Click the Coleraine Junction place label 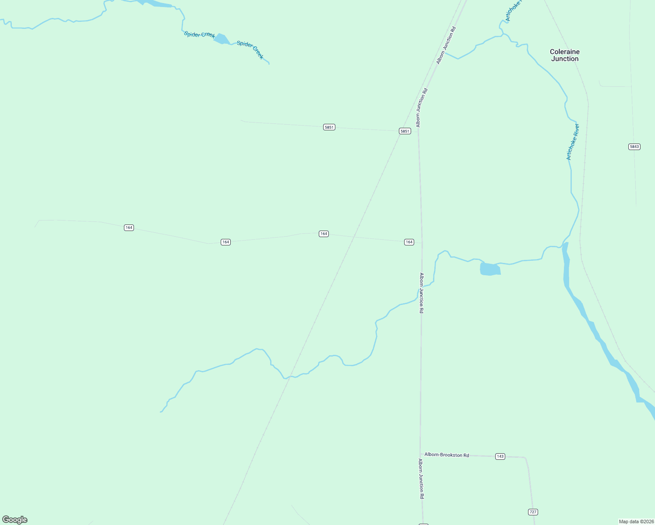[x=564, y=55]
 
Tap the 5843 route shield [x=634, y=147]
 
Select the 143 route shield [x=500, y=456]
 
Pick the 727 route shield [x=533, y=512]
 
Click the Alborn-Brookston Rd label [x=447, y=455]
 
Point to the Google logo [x=15, y=520]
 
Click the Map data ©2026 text [x=636, y=521]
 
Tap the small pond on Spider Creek [x=222, y=39]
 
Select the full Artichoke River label [x=573, y=142]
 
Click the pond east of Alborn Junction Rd [x=490, y=269]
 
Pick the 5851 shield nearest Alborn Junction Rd [x=405, y=131]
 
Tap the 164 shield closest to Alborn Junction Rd [x=408, y=242]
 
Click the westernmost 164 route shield [x=129, y=227]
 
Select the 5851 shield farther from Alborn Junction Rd [x=329, y=127]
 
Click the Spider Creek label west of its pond [x=199, y=35]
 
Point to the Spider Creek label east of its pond [x=250, y=50]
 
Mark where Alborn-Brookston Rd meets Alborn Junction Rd [x=421, y=455]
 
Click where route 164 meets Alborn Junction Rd [x=422, y=243]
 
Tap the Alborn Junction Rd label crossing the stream [x=421, y=293]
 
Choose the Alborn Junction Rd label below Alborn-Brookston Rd [x=421, y=479]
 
